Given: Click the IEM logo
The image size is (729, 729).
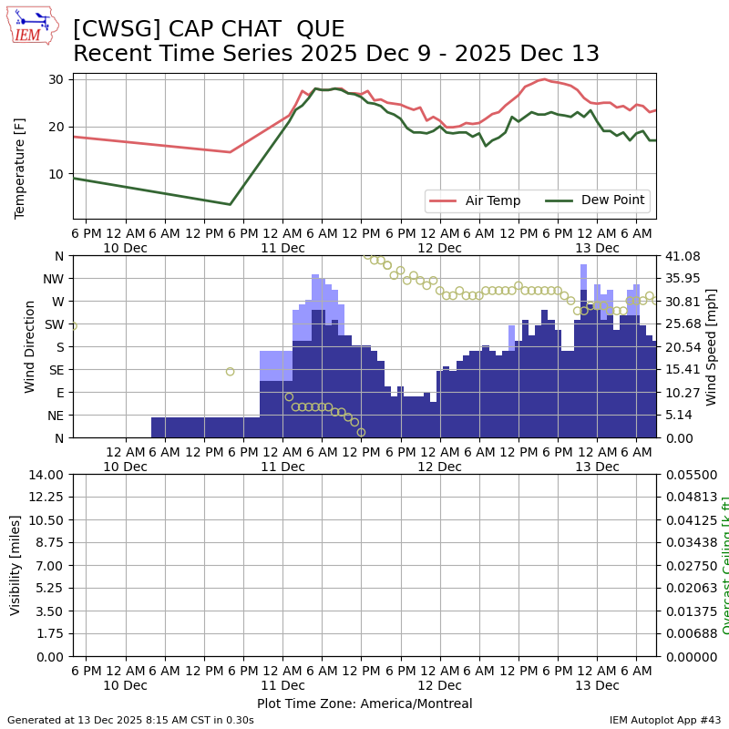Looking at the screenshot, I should pos(32,25).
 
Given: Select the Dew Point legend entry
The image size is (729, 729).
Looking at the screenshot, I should pos(612,200).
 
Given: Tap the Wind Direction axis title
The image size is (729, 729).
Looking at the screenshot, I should pos(30,346).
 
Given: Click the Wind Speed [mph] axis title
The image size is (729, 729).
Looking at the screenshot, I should pos(712,346).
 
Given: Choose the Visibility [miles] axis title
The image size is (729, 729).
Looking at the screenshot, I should pos(15,565).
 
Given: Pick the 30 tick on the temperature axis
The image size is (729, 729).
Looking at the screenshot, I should pos(56,79).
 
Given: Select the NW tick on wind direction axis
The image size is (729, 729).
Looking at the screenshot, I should pos(54,279).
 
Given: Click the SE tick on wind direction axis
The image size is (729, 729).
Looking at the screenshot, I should pos(56,370).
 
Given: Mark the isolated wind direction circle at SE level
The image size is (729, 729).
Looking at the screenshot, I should pos(230,371).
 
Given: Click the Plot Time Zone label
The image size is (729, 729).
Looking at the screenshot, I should pos(364,703).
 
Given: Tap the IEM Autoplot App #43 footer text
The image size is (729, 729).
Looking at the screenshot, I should pos(665,720).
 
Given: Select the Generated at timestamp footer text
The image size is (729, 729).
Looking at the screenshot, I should pos(130,720).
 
